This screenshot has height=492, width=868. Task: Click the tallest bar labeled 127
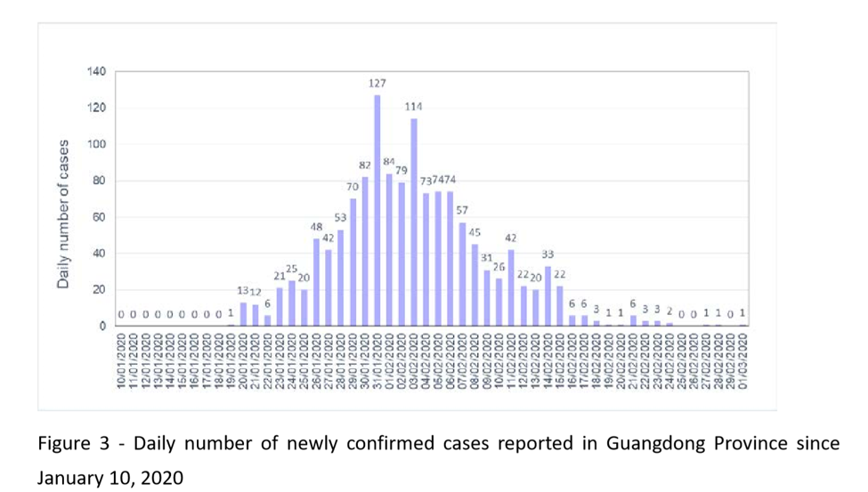click(377, 210)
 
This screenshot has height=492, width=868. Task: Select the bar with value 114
click(414, 222)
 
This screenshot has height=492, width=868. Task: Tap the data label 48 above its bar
click(316, 226)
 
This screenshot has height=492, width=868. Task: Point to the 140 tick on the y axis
click(96, 72)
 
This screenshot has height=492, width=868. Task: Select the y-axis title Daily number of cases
click(64, 214)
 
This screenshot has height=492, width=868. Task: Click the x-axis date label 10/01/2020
click(121, 361)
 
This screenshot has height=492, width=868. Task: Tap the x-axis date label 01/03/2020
click(742, 361)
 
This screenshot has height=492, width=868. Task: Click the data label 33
click(548, 254)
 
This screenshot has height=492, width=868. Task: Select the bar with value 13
click(243, 314)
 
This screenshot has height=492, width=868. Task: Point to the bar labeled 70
click(353, 262)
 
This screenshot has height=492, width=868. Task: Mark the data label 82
click(365, 165)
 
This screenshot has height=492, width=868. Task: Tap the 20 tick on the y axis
click(99, 290)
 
